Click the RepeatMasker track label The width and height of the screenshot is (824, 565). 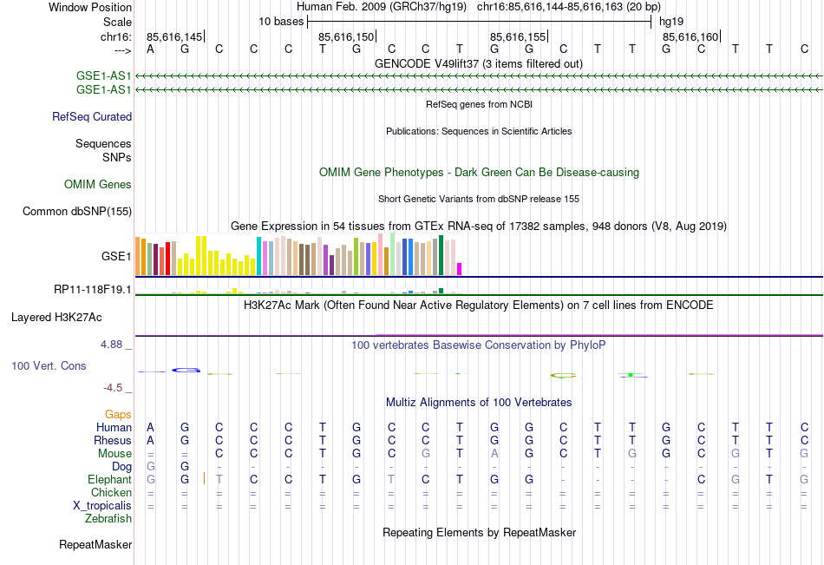(95, 545)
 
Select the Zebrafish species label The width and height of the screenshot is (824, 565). (108, 519)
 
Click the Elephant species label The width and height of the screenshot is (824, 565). (109, 479)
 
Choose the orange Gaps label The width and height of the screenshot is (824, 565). (118, 414)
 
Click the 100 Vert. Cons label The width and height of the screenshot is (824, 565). (49, 366)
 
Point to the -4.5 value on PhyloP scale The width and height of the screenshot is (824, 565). (113, 388)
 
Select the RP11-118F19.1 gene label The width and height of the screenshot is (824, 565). (92, 289)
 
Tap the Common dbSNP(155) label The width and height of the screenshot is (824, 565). (77, 211)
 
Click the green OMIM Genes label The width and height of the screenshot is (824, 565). (98, 184)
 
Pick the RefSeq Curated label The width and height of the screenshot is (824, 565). (92, 116)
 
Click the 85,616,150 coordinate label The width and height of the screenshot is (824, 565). (346, 36)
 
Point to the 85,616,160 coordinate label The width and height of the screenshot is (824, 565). (690, 36)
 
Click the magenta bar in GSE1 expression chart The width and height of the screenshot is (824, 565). (460, 269)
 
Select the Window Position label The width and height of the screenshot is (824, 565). (90, 7)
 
